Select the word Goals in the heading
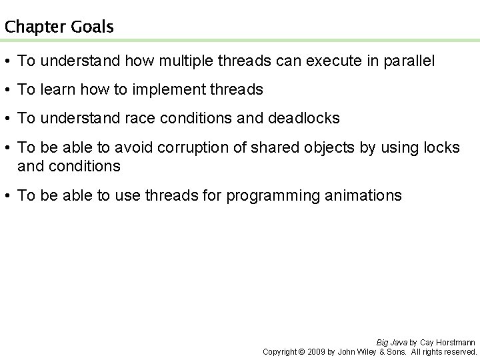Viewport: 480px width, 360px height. [91, 27]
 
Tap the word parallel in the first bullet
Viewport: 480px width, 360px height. [407, 61]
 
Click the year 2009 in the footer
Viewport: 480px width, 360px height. [317, 351]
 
